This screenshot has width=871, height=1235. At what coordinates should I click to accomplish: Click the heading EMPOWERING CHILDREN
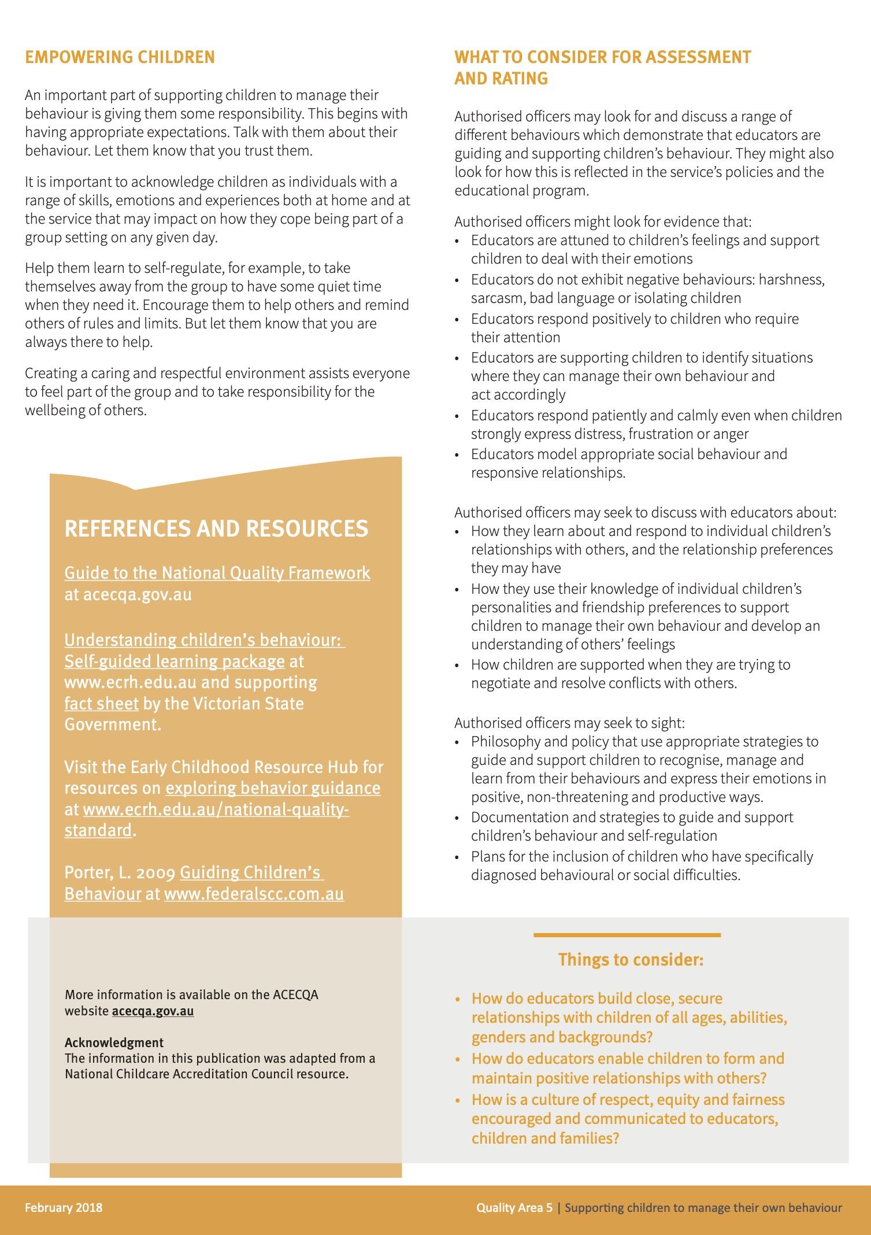pos(120,57)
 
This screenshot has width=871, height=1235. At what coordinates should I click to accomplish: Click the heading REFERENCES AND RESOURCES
pos(216,528)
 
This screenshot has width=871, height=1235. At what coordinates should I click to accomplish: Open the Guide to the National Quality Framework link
pos(217,572)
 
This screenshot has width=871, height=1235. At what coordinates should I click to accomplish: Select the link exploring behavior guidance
pos(273,788)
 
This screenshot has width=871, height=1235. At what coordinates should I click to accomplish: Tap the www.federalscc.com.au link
pos(254,894)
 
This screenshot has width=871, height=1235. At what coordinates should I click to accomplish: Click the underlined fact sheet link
pos(101,703)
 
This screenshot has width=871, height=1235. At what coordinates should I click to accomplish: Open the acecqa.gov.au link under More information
pos(153,1011)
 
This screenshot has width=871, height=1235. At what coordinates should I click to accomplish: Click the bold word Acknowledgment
pos(114,1042)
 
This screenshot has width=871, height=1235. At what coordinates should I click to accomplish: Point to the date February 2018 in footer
pos(64,1207)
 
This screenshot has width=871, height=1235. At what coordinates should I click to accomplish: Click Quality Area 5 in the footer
pos(514,1207)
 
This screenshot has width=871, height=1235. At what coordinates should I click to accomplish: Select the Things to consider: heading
pos(631,960)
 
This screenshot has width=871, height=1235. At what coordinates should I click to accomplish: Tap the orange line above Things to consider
pos(627,934)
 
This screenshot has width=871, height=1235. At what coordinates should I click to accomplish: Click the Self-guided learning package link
pos(175,661)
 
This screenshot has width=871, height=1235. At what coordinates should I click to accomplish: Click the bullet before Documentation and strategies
pos(458,818)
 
